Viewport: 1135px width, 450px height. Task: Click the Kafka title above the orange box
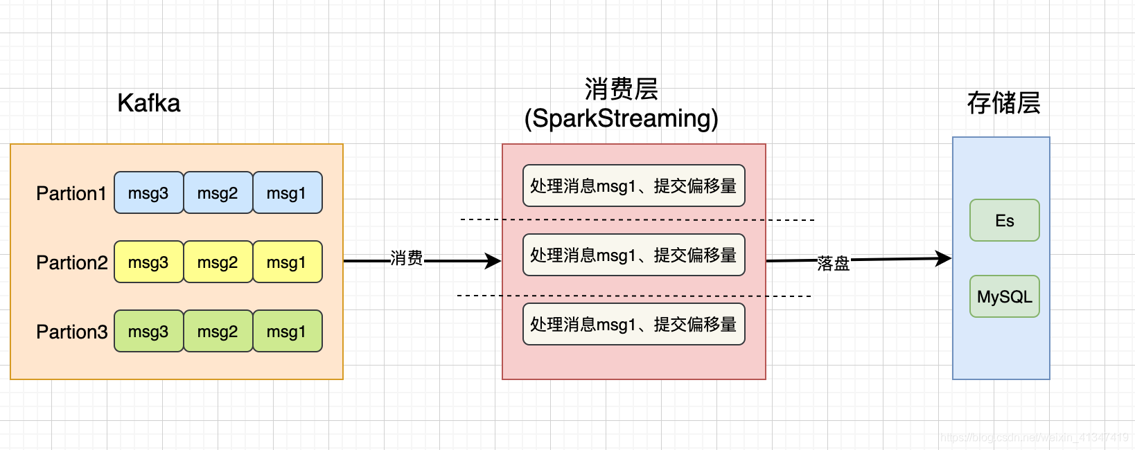pyautogui.click(x=149, y=103)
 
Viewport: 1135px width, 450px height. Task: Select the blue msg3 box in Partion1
pyautogui.click(x=148, y=192)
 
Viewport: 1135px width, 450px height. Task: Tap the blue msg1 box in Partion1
pyautogui.click(x=288, y=192)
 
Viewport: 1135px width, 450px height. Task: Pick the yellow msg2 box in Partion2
pyautogui.click(x=218, y=262)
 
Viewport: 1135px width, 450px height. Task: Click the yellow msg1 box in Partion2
pyautogui.click(x=288, y=262)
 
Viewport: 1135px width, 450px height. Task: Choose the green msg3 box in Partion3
pyautogui.click(x=148, y=331)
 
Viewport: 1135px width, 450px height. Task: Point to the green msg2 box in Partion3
pyautogui.click(x=218, y=331)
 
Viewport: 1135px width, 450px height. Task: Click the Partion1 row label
pyautogui.click(x=71, y=193)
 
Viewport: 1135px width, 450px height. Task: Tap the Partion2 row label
pyautogui.click(x=72, y=262)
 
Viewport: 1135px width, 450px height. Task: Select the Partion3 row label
pyautogui.click(x=72, y=332)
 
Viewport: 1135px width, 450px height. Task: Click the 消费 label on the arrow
pyautogui.click(x=406, y=258)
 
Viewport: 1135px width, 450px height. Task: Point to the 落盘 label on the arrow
pyautogui.click(x=833, y=263)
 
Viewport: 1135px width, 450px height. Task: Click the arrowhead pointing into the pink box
pyautogui.click(x=493, y=261)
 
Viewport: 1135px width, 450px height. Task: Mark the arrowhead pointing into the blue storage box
pyautogui.click(x=944, y=258)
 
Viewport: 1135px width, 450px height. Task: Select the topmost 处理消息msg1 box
pyautogui.click(x=634, y=186)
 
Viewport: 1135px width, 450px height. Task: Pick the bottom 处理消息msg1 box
pyautogui.click(x=634, y=324)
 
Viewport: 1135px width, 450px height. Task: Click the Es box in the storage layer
pyautogui.click(x=1005, y=220)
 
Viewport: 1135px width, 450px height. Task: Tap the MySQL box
pyautogui.click(x=1005, y=296)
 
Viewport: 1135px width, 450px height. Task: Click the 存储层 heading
pyautogui.click(x=1004, y=103)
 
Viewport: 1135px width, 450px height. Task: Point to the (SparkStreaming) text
pyautogui.click(x=622, y=118)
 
